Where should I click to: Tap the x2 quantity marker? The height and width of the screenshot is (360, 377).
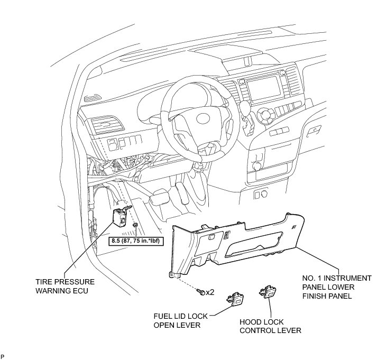point(210,291)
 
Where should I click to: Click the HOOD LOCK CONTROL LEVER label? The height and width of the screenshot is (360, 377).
point(270,326)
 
